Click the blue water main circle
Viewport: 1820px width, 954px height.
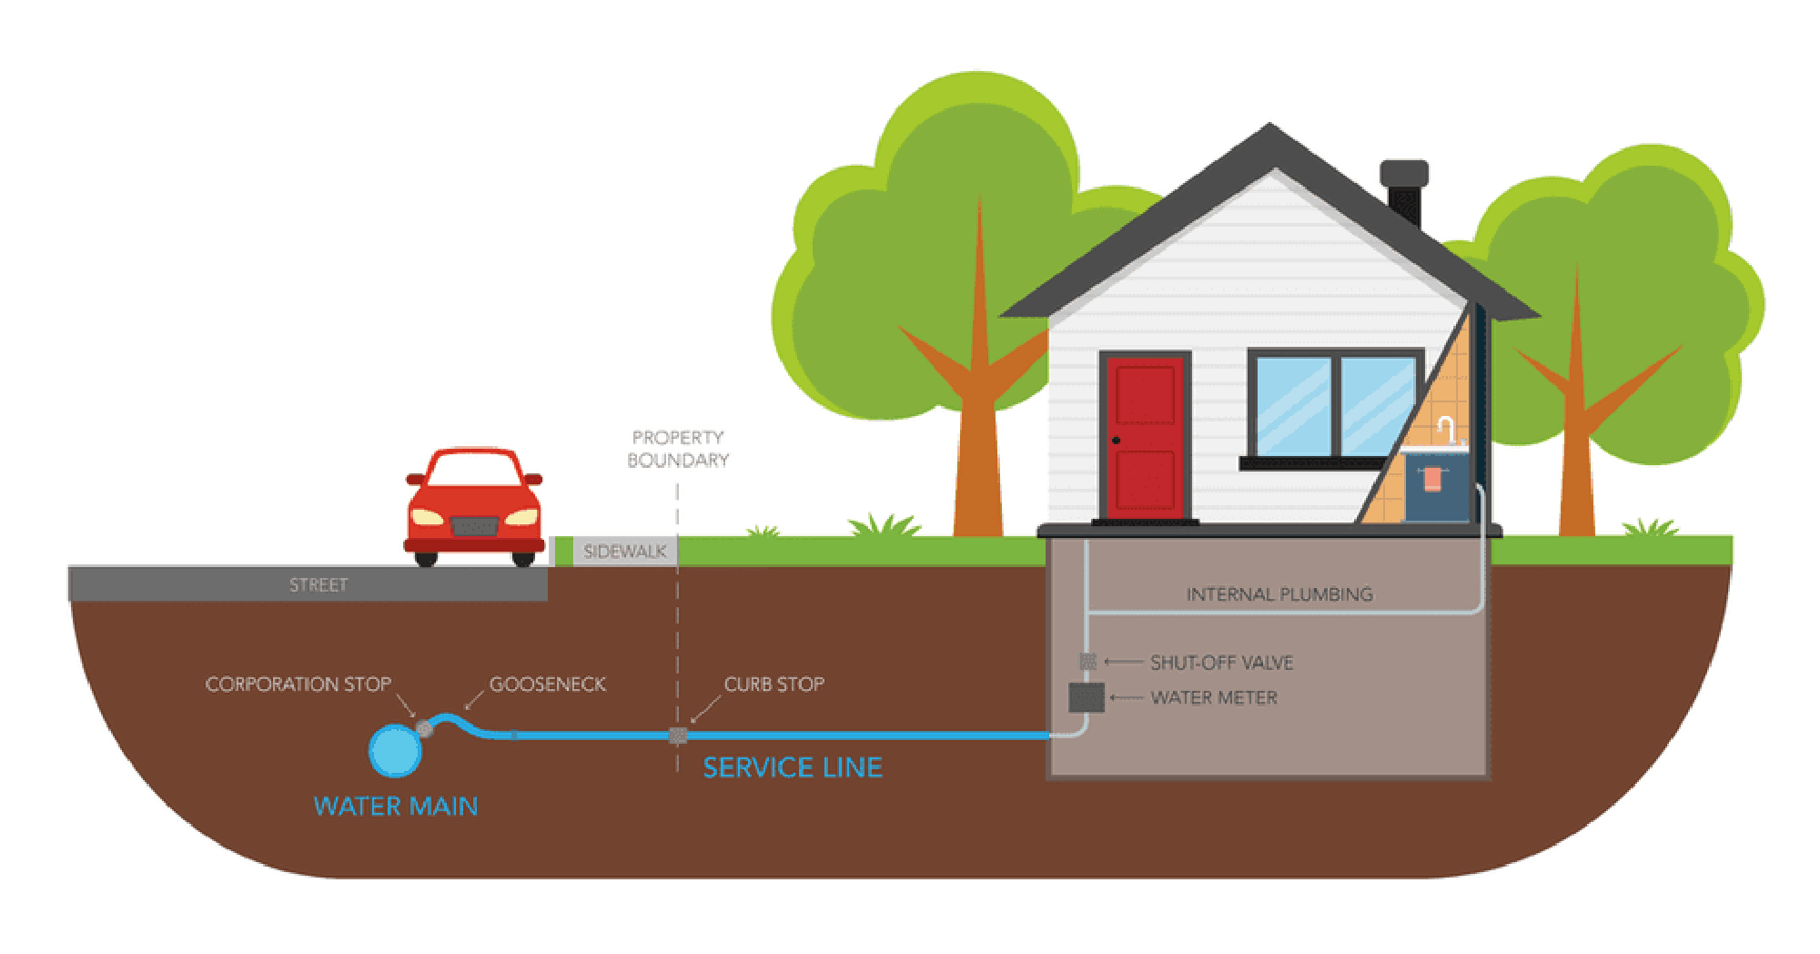click(395, 750)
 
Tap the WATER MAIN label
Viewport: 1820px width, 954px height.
click(395, 807)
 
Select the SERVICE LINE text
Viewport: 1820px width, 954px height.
click(793, 767)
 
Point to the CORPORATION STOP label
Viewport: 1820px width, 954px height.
click(298, 685)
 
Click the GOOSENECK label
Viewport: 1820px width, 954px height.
click(547, 685)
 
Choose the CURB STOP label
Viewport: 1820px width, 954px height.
click(773, 685)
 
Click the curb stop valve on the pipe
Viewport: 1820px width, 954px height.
click(678, 736)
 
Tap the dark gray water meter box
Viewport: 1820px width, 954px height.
click(1086, 698)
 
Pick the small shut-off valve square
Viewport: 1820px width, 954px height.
click(1087, 661)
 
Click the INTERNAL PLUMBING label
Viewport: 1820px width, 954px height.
click(1279, 594)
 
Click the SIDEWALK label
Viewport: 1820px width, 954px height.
click(624, 552)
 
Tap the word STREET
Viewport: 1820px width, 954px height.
click(318, 585)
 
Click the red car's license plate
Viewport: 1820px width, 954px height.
click(474, 526)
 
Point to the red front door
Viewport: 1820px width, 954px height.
click(1145, 437)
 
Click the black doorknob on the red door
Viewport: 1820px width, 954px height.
click(1117, 441)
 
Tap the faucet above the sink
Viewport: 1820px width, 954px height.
click(1446, 429)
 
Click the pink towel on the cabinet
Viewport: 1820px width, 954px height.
click(1432, 479)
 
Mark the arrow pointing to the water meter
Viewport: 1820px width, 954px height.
click(1126, 698)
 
